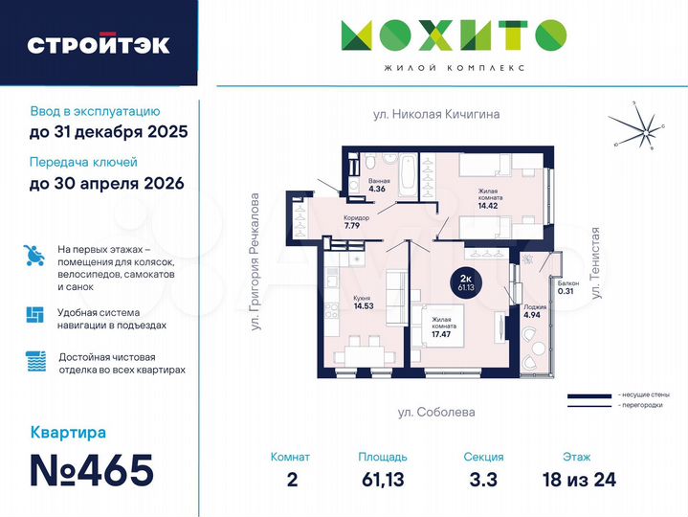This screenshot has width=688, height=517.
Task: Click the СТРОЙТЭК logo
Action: point(99,45)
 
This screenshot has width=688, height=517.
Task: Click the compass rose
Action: point(634,128)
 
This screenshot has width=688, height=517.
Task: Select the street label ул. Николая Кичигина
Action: point(436,114)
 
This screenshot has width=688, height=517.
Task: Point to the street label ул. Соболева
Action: point(436,412)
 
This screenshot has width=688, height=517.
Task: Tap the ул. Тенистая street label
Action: point(595,264)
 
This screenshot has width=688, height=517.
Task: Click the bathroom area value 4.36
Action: point(377,189)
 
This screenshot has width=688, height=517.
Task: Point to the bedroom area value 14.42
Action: point(489,204)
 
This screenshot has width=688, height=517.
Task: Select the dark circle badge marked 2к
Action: point(466,281)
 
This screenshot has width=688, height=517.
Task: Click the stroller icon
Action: point(35,256)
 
